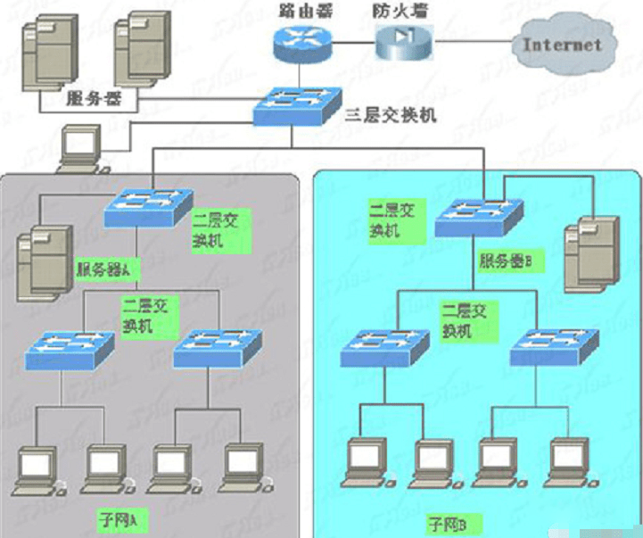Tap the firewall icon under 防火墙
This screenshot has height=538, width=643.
(x=403, y=41)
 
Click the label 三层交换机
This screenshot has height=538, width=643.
(x=391, y=114)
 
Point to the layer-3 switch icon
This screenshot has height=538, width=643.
(x=296, y=105)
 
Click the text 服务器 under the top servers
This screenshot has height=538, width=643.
(x=94, y=97)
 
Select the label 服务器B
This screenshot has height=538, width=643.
(x=506, y=261)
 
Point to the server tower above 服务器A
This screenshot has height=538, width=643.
(x=45, y=259)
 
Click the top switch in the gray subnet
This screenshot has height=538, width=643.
(x=147, y=207)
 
